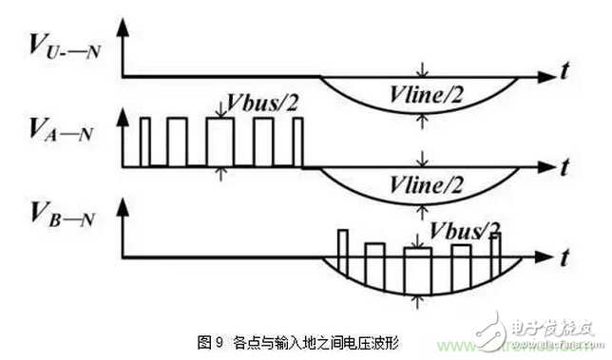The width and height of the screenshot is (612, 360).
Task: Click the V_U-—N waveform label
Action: [x=56, y=45]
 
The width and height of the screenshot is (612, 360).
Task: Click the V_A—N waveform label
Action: [x=56, y=128]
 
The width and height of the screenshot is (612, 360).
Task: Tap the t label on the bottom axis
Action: [x=564, y=256]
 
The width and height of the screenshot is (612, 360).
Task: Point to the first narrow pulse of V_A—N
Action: [x=145, y=142]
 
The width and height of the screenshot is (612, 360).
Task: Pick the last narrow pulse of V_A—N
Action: [x=297, y=142]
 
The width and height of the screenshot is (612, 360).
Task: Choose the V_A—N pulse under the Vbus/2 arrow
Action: [x=220, y=142]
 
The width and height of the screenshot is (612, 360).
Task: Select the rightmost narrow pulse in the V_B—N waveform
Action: [x=494, y=246]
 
